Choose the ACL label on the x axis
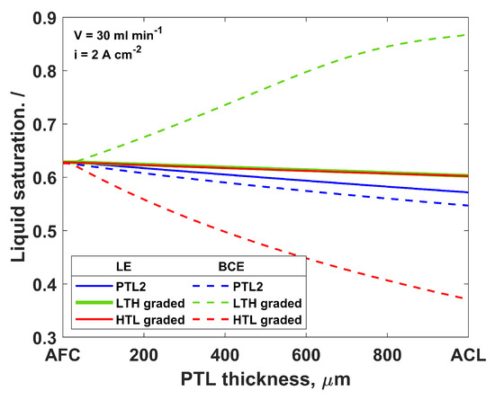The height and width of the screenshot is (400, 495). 467,355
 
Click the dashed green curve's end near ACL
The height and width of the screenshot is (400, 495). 465,35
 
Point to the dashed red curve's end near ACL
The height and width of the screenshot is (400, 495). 465,298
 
